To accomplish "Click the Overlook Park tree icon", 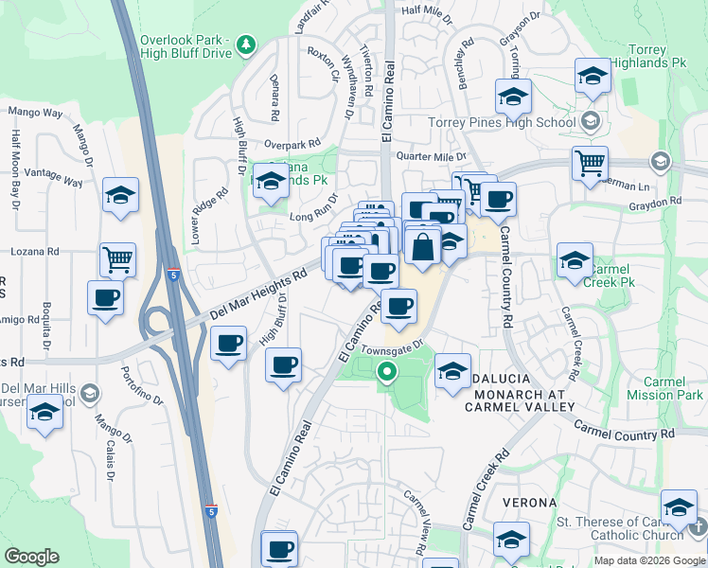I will coord(246,44).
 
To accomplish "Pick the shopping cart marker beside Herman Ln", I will coord(590,163).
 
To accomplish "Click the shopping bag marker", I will coord(423,247).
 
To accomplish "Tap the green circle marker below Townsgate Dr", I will coord(386,372).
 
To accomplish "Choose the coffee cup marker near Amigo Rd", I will coord(104,297).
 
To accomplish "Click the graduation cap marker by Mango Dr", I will coord(120,195).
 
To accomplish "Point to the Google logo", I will coord(32,557).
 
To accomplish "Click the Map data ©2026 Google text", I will coord(648,560).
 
